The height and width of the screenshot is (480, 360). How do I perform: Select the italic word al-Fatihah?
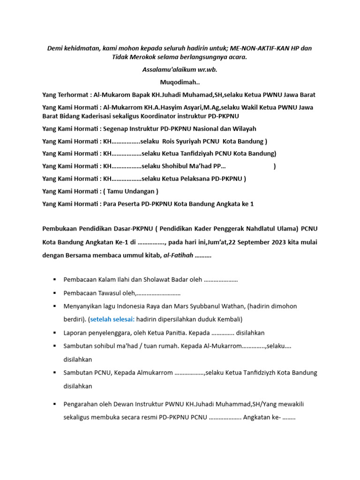[x=178, y=255]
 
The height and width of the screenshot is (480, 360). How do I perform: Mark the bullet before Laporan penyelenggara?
[x=56, y=333]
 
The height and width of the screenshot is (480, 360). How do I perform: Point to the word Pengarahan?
[x=81, y=404]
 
